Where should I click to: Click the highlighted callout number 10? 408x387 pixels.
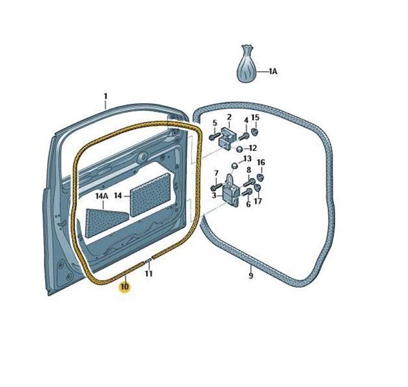coord(125,287)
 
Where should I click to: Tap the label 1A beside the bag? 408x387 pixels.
coord(272,71)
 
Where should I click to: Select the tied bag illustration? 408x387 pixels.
coord(247,64)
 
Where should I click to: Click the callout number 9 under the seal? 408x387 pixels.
coord(250,275)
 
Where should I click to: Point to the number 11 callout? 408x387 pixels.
coord(148,273)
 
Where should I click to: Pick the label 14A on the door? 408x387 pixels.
coord(101,195)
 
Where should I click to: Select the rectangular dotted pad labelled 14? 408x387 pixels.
coord(151,194)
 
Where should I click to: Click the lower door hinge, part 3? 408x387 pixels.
coord(230,190)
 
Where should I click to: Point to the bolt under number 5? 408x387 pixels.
coord(214,137)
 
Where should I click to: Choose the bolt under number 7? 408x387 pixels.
coord(216,186)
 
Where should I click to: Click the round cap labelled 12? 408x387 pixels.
coord(240,149)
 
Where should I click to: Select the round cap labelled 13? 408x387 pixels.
coord(234,166)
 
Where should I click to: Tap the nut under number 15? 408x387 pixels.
coord(255,131)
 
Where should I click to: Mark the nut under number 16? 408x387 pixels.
coord(260,177)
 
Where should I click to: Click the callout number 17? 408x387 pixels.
coord(258,201)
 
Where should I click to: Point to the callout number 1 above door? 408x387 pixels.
coord(105,96)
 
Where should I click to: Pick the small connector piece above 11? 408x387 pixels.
coord(148,260)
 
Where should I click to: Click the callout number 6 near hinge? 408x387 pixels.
coord(249,204)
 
